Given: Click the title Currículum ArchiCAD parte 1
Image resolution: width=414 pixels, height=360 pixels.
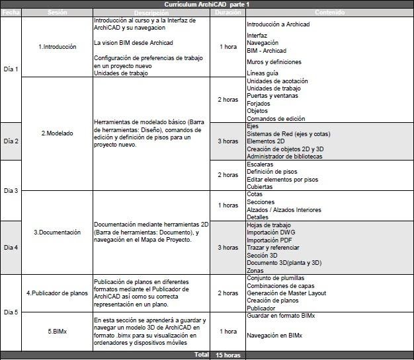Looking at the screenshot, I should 206,5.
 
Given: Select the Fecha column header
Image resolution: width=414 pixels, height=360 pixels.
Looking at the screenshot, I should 11,13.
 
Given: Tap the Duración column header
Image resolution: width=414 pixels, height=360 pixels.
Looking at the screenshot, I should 228,13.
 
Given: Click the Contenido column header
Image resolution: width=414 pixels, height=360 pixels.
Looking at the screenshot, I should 329,13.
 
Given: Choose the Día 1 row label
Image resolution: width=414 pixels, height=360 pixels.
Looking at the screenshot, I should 11,69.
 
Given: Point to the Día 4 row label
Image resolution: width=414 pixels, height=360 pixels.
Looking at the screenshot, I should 11,248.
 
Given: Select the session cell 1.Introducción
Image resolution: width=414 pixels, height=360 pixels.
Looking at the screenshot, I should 58,47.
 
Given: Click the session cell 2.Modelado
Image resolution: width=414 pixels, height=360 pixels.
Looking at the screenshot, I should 58,133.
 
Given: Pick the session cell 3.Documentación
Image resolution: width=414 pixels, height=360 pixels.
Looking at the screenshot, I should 58,232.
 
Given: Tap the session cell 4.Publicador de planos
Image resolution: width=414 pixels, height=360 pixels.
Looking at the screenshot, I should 58,293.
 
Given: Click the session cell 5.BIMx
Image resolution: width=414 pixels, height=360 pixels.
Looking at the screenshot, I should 58,331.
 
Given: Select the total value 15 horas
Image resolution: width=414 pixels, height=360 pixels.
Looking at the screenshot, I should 228,355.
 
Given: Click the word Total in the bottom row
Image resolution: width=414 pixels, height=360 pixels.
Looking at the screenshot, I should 201,355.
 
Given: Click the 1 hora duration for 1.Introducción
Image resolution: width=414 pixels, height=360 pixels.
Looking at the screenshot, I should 228,47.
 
